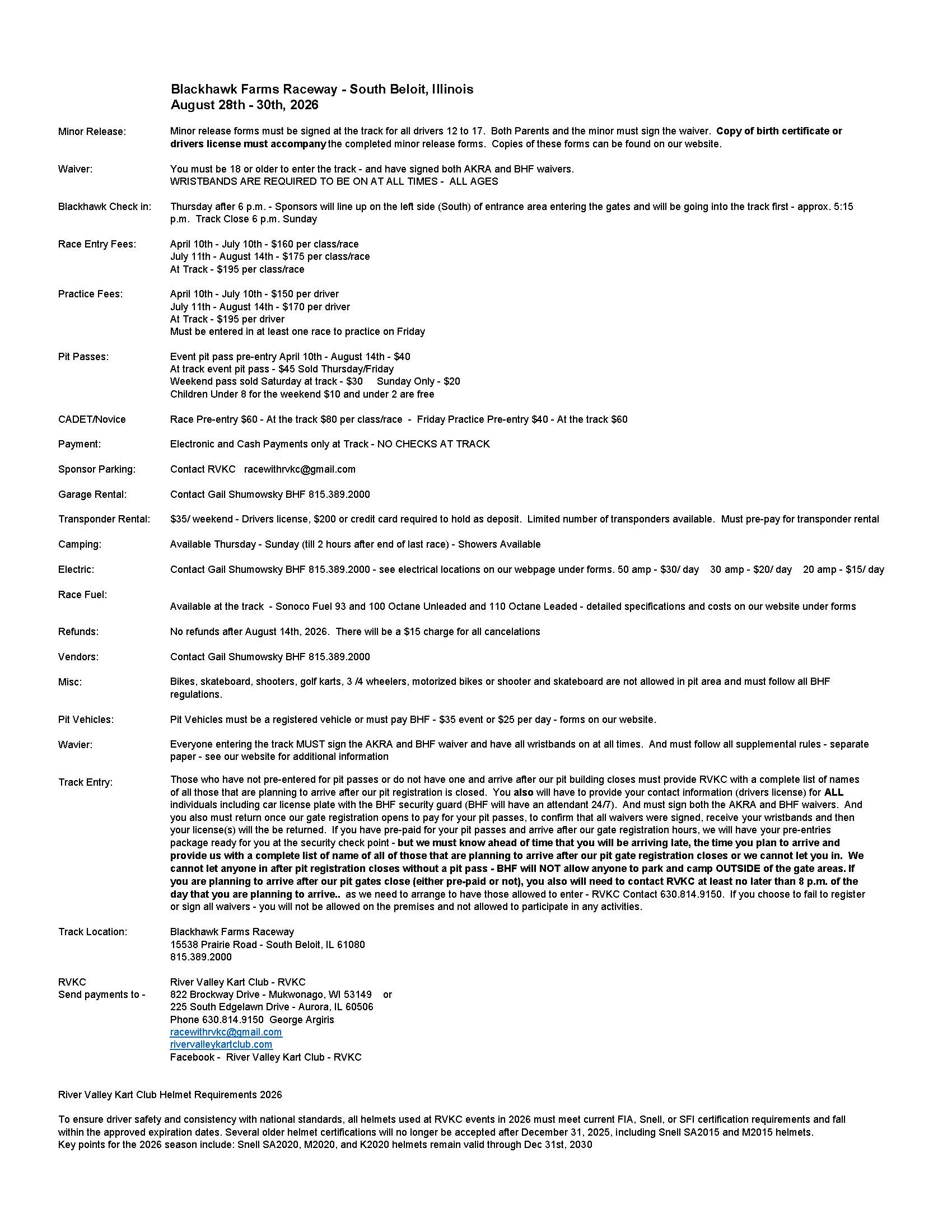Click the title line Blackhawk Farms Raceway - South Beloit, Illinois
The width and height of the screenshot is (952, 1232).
coord(322,89)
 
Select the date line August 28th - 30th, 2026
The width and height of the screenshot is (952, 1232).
coord(244,105)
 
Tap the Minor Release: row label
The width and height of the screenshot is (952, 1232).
coord(92,132)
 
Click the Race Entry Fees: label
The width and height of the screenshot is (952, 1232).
coord(97,244)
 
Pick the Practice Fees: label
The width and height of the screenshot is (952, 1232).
coord(90,294)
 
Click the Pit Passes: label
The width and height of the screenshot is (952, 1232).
coord(83,357)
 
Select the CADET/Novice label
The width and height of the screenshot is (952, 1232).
coord(92,419)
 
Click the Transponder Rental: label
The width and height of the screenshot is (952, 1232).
coord(104,519)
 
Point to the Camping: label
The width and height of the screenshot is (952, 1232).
coord(80,544)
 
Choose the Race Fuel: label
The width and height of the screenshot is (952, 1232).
coord(82,594)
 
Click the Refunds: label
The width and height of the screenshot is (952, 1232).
coord(78,632)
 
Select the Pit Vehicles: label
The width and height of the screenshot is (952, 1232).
coord(86,719)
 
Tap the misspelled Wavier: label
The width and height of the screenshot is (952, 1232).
coord(75,745)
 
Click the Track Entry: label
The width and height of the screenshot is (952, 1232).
coord(85,782)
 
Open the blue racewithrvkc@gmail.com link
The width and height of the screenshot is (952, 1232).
coord(226,1032)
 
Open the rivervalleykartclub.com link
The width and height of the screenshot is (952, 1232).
coord(221,1044)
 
